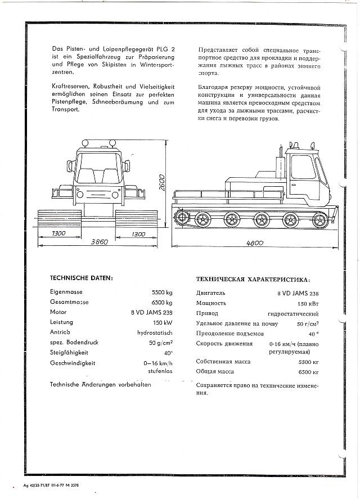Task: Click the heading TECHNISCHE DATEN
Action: click(x=82, y=277)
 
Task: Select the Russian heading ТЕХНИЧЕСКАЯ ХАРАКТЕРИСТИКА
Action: click(x=252, y=279)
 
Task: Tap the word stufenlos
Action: click(x=160, y=371)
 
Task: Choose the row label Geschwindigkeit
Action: click(x=73, y=363)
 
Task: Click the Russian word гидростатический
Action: click(x=294, y=313)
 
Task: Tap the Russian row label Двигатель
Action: click(x=211, y=293)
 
